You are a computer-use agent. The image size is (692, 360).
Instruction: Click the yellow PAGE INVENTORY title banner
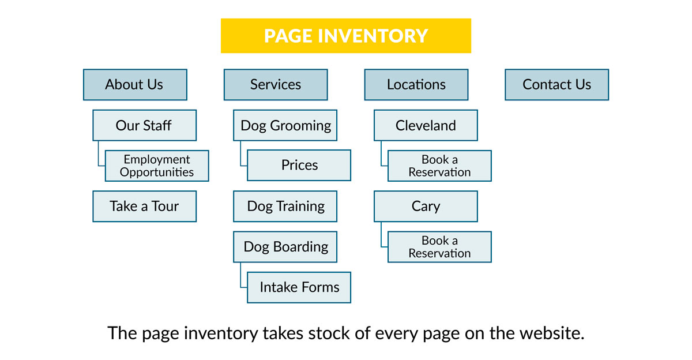pos(345,36)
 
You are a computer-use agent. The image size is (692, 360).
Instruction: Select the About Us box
pos(135,84)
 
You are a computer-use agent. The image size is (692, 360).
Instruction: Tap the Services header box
pos(276,84)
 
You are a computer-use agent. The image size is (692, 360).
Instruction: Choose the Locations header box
pos(416,84)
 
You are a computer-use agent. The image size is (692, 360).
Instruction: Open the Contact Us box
pos(556,84)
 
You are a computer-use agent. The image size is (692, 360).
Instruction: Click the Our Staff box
pos(145,125)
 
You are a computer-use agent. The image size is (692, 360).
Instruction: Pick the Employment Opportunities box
pos(157,166)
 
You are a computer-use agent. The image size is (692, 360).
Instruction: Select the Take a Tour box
pos(145,206)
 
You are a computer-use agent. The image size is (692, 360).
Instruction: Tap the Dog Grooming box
pos(285,125)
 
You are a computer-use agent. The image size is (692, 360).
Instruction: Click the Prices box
pos(299,165)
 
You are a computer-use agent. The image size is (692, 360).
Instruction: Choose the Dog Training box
pos(285,206)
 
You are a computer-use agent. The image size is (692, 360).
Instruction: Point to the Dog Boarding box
pos(285,247)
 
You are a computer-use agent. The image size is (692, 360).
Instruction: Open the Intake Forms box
pos(299,287)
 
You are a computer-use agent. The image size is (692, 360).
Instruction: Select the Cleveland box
pos(426,125)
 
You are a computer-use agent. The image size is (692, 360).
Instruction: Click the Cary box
pos(426,206)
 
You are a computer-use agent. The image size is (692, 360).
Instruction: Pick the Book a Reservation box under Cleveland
pos(439,166)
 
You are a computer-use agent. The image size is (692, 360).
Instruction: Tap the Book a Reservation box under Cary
pos(439,247)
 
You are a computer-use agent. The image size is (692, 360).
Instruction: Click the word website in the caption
pos(551,333)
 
